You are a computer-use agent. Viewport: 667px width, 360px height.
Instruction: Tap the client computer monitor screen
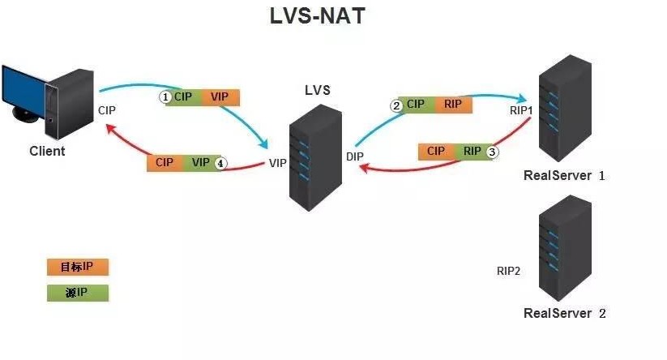coord(23,92)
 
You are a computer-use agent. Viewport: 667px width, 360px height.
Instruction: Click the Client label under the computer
coord(47,151)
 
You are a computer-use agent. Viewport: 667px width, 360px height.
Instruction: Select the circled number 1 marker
coord(165,96)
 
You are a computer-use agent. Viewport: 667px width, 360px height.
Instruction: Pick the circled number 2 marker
coord(397,105)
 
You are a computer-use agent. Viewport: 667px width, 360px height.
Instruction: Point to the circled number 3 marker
coord(491,151)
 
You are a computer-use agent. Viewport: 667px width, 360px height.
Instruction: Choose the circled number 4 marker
coord(220,162)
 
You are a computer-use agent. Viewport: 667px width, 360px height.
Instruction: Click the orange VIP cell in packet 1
coord(220,96)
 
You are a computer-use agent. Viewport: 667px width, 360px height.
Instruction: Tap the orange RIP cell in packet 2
coord(452,105)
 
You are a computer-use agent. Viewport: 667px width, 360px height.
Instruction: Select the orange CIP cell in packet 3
coord(436,151)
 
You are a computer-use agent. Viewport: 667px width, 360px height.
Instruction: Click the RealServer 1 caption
coord(565,175)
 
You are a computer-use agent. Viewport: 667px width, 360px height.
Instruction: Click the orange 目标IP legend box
coord(77,267)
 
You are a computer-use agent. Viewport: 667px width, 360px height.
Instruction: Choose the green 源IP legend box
coord(77,292)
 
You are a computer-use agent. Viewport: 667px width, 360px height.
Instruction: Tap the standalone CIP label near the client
coord(108,109)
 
